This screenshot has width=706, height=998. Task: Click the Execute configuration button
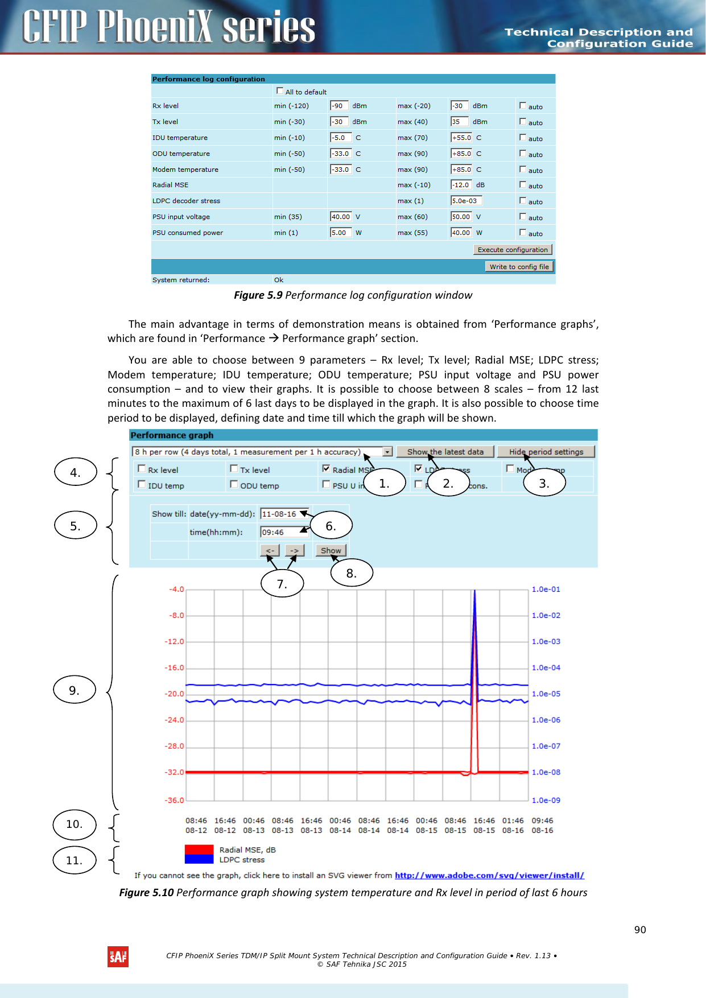pos(513,250)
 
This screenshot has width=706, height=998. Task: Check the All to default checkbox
pos(280,91)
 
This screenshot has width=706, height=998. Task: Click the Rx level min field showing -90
pos(338,106)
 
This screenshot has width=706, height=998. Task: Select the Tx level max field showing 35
pos(459,122)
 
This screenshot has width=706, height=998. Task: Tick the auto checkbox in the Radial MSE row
pos(523,185)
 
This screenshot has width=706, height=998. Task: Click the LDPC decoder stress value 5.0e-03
pos(466,201)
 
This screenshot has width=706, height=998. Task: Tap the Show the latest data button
pos(445,452)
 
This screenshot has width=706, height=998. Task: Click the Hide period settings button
pos(546,452)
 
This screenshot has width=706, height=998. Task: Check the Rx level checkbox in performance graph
pos(142,469)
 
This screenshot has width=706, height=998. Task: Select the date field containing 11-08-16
pos(284,514)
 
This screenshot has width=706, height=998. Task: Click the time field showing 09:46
pos(284,532)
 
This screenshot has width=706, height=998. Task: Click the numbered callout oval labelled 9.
pos(75,690)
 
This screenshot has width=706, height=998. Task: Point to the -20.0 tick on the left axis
pos(175,694)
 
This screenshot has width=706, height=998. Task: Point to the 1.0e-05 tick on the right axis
pos(546,694)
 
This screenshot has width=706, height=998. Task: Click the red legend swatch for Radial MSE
pos(199,849)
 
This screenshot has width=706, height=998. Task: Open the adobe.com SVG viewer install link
pos(489,876)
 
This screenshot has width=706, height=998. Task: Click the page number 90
pos(640,930)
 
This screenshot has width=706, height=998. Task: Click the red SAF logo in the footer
pos(118,957)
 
